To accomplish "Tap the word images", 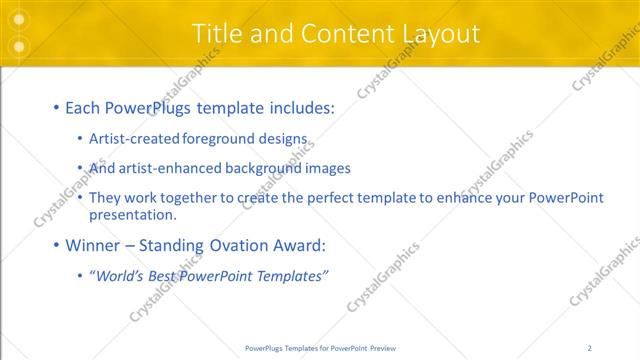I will click(x=327, y=168).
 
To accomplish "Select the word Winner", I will click(x=92, y=245).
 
